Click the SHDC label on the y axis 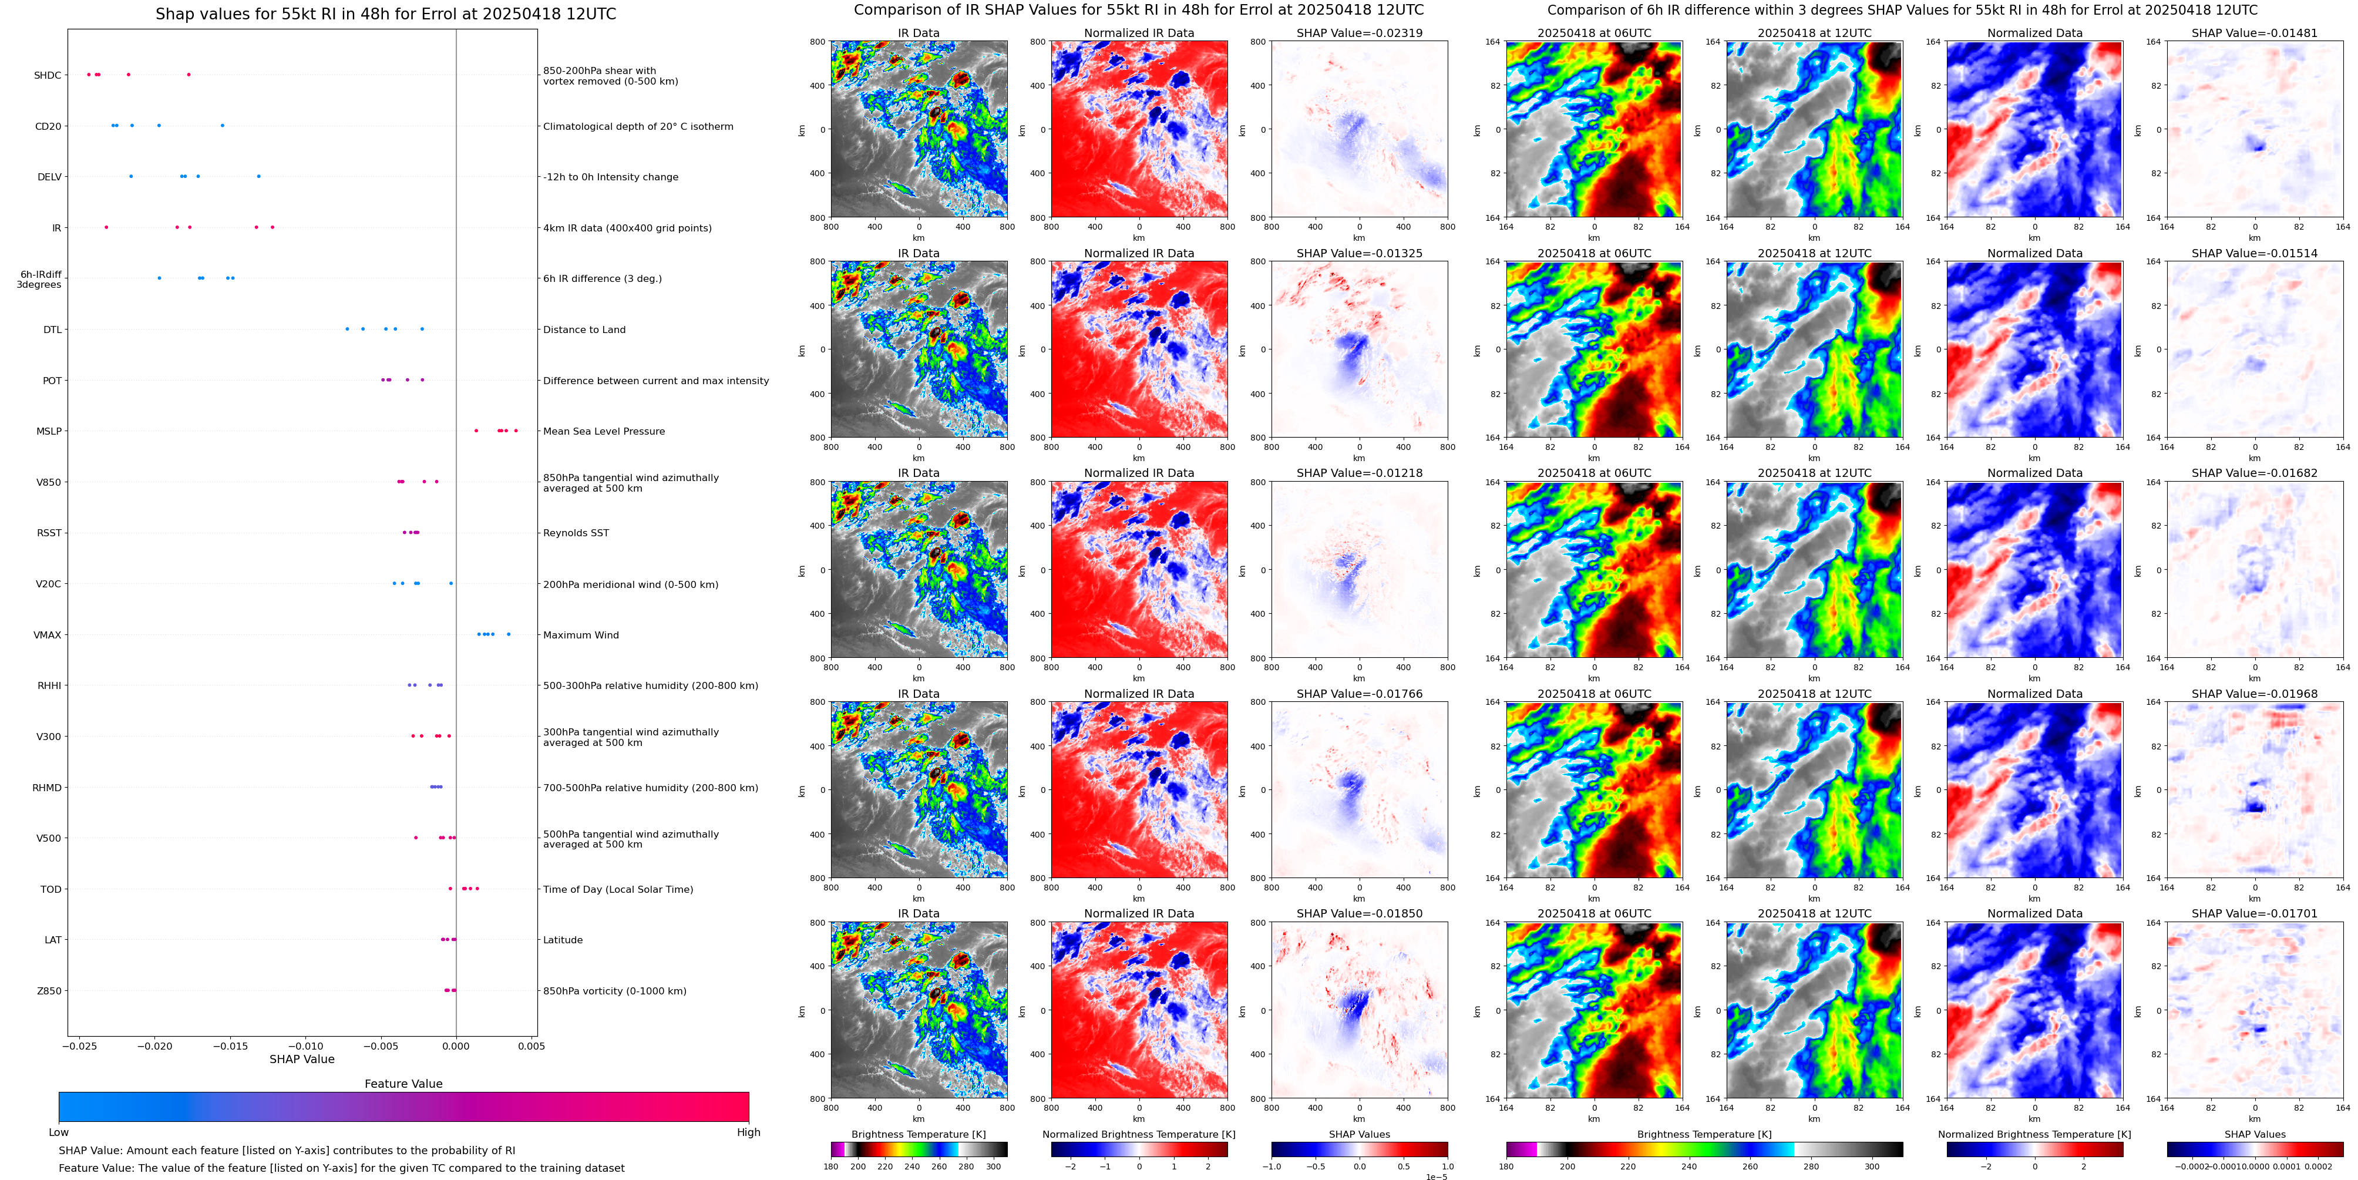point(48,75)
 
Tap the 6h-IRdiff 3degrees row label point(39,279)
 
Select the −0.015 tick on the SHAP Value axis point(231,1045)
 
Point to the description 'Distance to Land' point(584,330)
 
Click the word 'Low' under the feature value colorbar point(59,1132)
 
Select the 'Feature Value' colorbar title point(403,1084)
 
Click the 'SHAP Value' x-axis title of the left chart point(302,1059)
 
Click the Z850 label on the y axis point(49,990)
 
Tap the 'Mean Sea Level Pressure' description point(603,431)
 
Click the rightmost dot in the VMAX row point(509,634)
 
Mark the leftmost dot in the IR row point(106,227)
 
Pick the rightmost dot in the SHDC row point(189,74)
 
